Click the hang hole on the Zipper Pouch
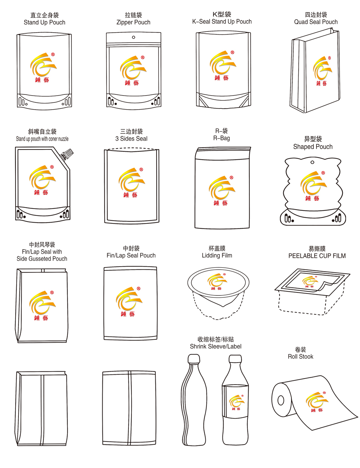click(133, 37)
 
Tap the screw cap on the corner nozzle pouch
click(67, 153)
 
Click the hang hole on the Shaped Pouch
click(313, 162)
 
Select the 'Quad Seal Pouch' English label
click(316, 22)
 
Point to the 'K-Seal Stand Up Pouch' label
click(222, 22)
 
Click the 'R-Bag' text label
click(221, 138)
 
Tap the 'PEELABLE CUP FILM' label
click(317, 256)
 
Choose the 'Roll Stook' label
click(301, 356)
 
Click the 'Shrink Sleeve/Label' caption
click(216, 346)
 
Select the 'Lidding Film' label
click(217, 256)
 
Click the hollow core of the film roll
click(281, 400)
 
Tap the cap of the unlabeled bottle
click(194, 359)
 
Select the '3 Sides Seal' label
click(131, 138)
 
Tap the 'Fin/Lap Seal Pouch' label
click(131, 256)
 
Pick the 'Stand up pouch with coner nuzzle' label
click(42, 139)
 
